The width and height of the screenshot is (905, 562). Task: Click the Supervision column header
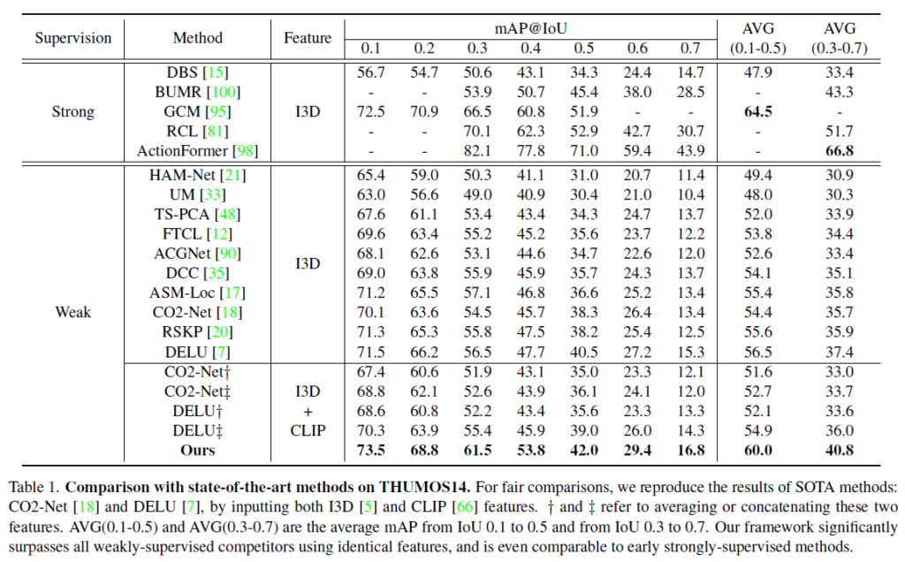pyautogui.click(x=73, y=38)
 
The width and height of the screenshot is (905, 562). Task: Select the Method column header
pyautogui.click(x=198, y=38)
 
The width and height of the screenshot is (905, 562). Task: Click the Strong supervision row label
pyautogui.click(x=73, y=112)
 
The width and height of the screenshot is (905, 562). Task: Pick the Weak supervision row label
pyautogui.click(x=73, y=312)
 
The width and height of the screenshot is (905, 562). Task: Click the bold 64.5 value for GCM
pyautogui.click(x=759, y=112)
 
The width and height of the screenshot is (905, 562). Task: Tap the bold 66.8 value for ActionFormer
pyautogui.click(x=839, y=151)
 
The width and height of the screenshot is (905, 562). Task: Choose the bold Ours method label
pyautogui.click(x=198, y=449)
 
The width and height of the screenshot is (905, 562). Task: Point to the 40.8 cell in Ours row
pyautogui.click(x=839, y=449)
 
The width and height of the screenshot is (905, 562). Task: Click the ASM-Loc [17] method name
pyautogui.click(x=198, y=292)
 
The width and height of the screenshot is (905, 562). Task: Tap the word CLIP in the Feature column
pyautogui.click(x=308, y=429)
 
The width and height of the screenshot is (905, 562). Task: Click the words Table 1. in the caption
pyautogui.click(x=33, y=487)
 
